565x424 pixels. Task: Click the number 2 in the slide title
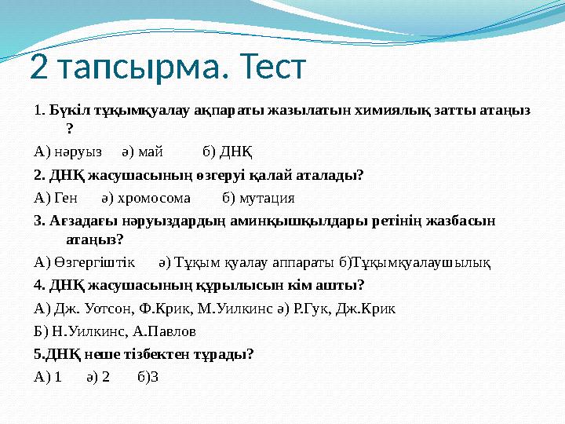[39, 68]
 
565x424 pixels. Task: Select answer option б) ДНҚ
[228, 151]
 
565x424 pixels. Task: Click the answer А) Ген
[56, 197]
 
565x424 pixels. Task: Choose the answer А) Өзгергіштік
[85, 261]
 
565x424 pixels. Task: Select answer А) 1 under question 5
[49, 377]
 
